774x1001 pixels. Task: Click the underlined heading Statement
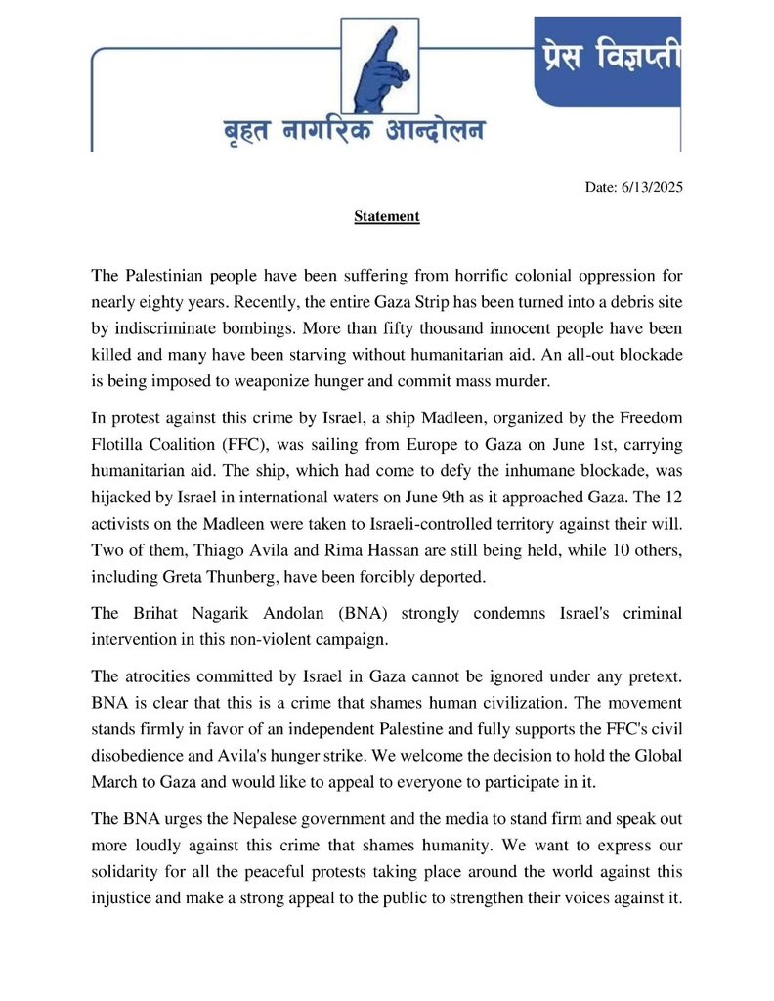(386, 216)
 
